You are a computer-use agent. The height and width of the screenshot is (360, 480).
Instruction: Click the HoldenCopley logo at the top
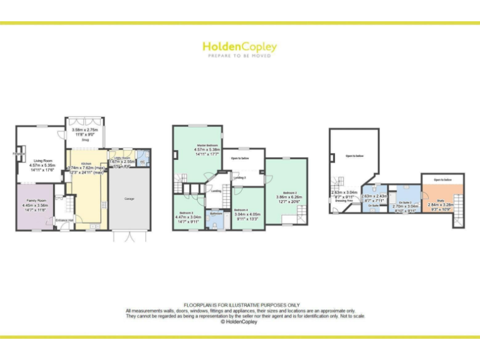tap(239, 47)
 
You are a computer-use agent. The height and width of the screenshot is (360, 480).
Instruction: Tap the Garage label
tap(129, 199)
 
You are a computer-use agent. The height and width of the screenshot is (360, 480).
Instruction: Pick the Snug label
tap(86, 140)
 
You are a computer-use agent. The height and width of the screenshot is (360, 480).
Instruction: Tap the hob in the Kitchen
tap(104, 204)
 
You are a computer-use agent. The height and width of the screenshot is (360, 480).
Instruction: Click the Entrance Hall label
tap(65, 219)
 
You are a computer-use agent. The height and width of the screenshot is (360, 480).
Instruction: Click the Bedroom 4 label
tap(241, 209)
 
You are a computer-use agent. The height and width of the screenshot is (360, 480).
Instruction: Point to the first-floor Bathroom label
tap(216, 214)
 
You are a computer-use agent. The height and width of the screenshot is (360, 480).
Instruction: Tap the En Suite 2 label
tap(405, 202)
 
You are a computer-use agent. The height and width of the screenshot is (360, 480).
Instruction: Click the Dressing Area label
tap(344, 199)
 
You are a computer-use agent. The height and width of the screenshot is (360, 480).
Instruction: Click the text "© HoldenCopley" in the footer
tap(240, 322)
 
